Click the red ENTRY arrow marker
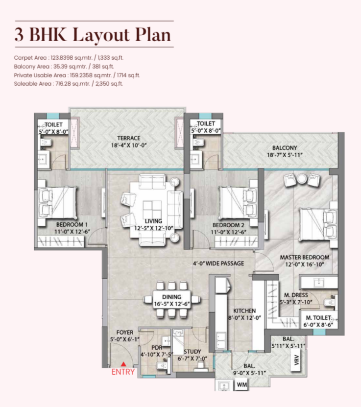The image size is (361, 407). pos(123,364)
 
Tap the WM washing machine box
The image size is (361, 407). pos(241,384)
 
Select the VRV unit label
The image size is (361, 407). pos(297,360)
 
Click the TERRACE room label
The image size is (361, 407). pos(128,138)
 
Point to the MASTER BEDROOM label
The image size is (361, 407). pos(304,258)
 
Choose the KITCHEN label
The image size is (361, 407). pos(244,311)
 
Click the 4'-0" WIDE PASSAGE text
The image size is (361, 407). pos(218,263)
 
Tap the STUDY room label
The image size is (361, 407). pos(193,352)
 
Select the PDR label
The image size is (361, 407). pos(157,348)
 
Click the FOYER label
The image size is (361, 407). pos(125,333)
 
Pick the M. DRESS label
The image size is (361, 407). pos(296,295)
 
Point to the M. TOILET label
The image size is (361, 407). pos(318,318)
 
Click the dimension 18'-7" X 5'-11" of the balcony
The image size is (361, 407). pos(285,155)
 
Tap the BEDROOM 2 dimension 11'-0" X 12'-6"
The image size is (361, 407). pos(228,232)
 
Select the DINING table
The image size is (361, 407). pos(171,300)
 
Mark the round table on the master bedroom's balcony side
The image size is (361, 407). pos(302,179)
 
